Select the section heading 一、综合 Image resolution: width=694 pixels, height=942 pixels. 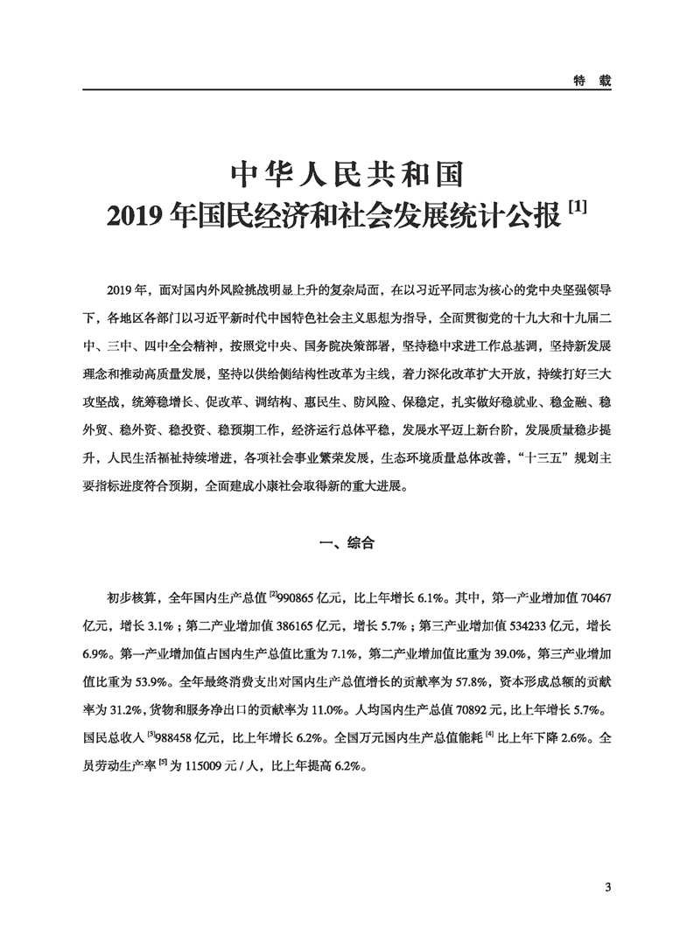347,543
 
